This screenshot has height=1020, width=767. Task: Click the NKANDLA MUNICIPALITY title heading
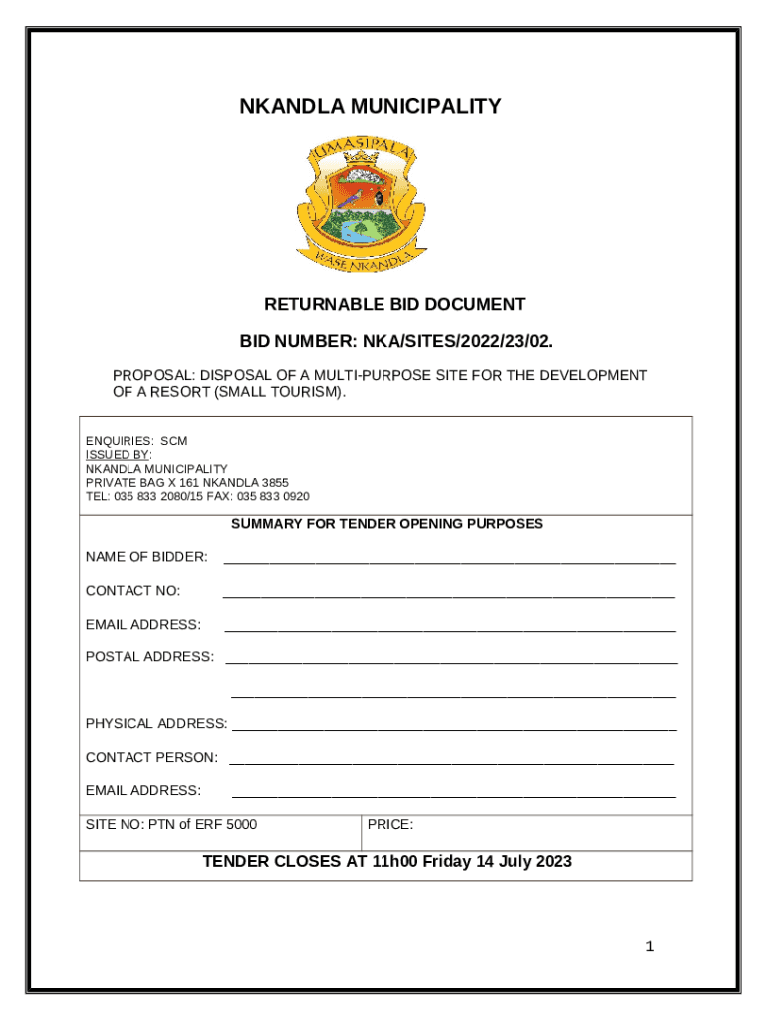pos(371,106)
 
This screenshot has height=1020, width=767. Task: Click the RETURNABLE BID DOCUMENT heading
pos(394,304)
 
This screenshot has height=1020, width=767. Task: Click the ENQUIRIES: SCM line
pos(136,440)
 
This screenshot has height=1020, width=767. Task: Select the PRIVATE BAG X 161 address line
pos(187,482)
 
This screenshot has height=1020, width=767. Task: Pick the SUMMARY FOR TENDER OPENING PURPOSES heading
pos(386,523)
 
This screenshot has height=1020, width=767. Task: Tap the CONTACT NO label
pos(133,591)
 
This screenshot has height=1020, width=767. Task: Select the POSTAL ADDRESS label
pos(149,657)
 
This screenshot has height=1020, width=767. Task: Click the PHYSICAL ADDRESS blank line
pos(454,729)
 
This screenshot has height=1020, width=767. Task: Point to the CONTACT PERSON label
pos(151,758)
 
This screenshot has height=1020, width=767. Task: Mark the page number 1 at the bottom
pos(650,946)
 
